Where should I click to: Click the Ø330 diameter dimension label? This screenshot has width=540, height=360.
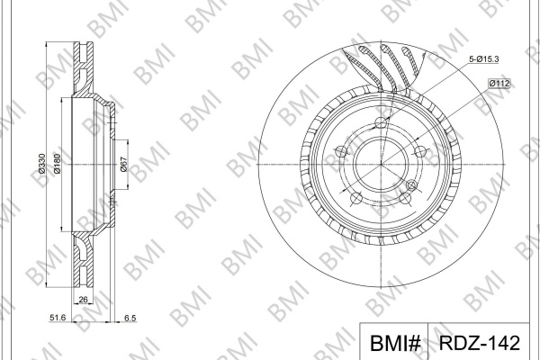(41, 163)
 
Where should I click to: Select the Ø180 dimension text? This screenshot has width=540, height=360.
(57, 163)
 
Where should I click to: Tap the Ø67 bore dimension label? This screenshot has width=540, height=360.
(123, 165)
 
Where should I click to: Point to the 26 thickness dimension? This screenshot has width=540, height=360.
(84, 300)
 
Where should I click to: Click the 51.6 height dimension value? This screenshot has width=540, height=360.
(58, 318)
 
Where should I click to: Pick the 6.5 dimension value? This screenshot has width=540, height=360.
(130, 318)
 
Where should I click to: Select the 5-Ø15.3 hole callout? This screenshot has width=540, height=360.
(483, 58)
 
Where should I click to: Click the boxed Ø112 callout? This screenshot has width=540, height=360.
(499, 84)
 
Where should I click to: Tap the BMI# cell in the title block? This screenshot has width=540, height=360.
(395, 343)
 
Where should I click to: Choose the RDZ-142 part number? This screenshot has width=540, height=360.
(479, 342)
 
